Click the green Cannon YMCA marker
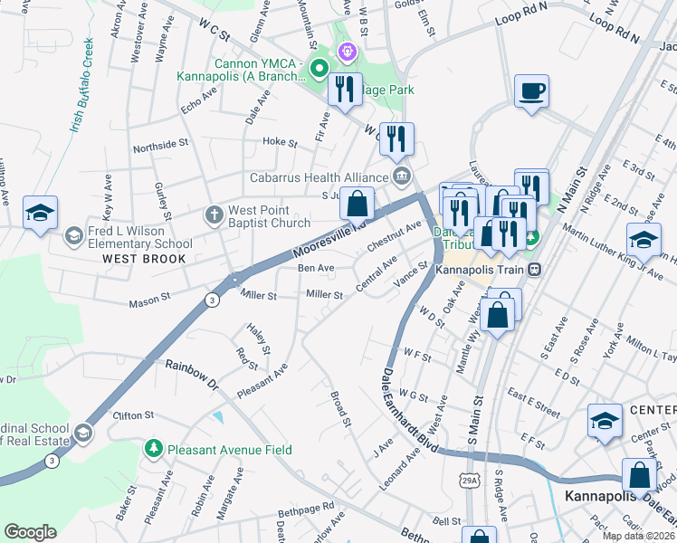pos(318,68)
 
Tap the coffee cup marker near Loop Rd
pos(531,91)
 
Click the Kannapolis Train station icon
pos(535,269)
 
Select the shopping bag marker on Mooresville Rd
pos(358,203)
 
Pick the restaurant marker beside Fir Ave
pos(344,90)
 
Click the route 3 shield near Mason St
pos(210,300)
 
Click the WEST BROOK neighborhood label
pos(144,259)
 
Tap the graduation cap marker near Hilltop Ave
pos(40,213)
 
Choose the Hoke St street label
pos(280,142)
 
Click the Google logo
pos(31,532)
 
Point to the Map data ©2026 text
pos(639,536)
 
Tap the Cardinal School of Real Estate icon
pos(83,433)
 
